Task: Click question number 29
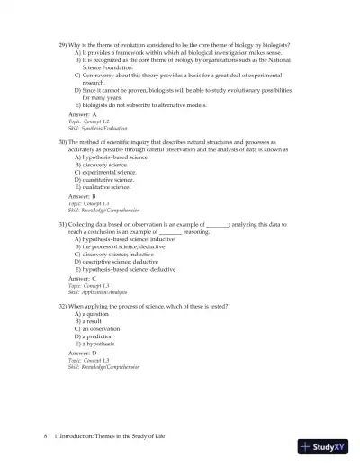63,43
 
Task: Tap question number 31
63,222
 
